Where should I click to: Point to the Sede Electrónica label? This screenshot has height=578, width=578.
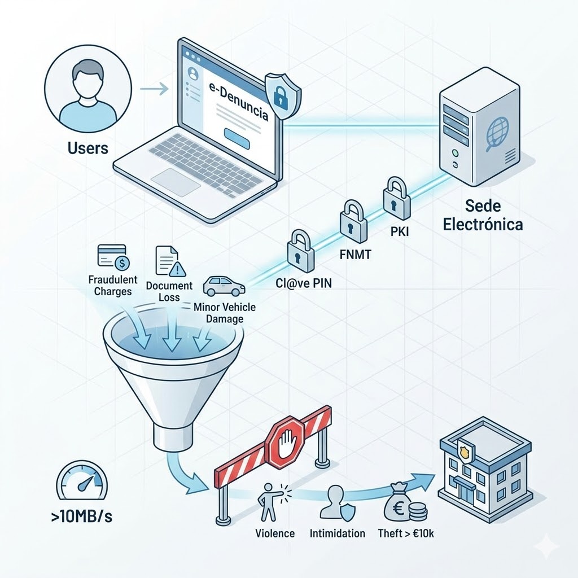[483, 214]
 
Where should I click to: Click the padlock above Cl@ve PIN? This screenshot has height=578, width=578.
[300, 249]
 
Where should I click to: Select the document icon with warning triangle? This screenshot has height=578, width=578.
[170, 261]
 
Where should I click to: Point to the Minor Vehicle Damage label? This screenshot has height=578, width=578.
[224, 313]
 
